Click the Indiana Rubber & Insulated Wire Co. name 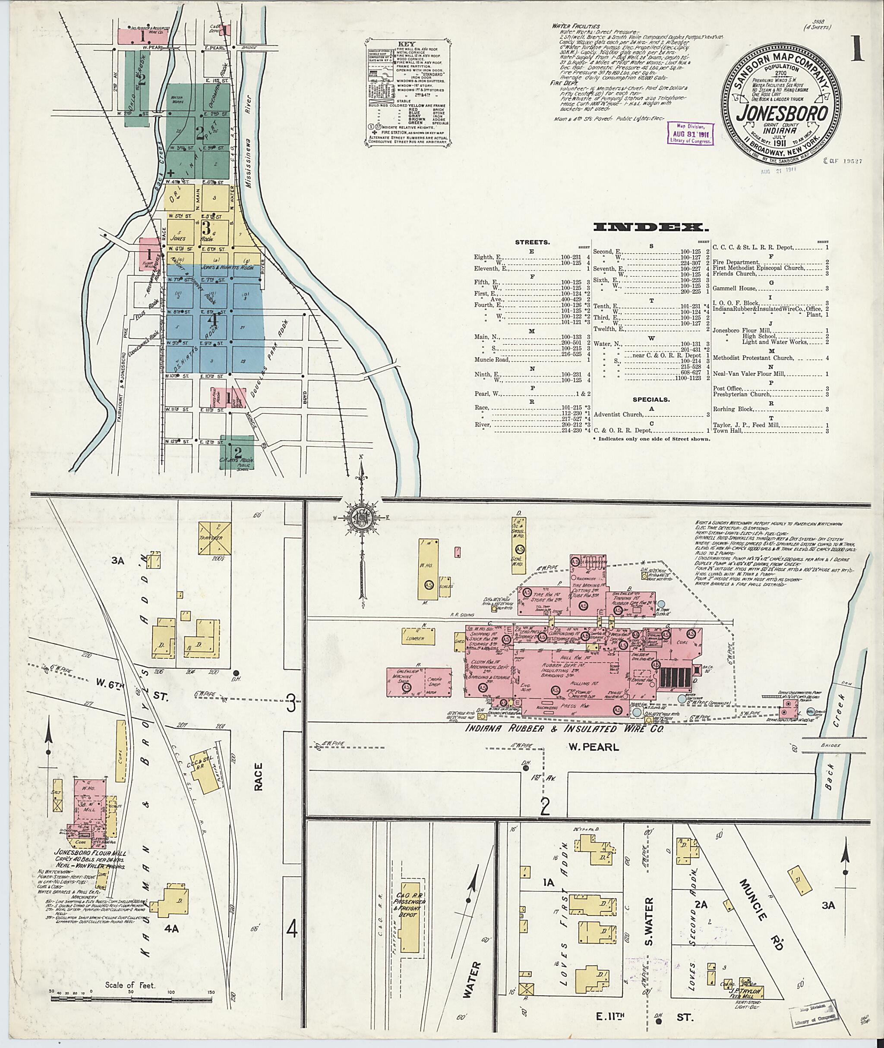click(x=564, y=730)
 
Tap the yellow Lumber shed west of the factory click(x=416, y=637)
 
